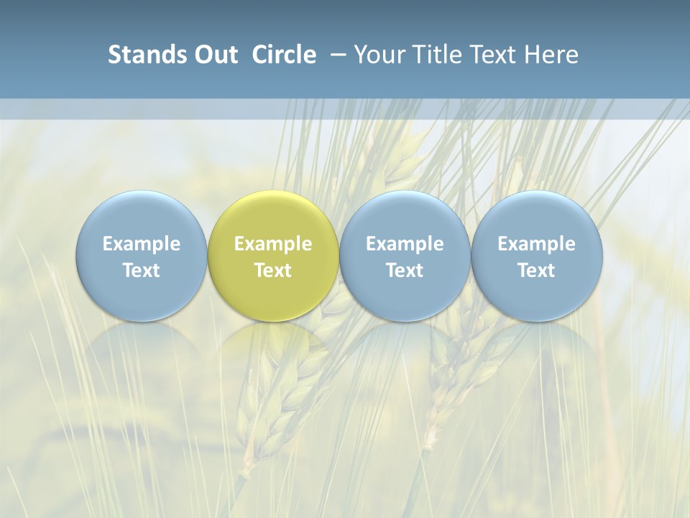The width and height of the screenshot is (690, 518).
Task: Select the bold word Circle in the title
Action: [x=284, y=55]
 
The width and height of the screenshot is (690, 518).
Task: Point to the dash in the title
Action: [x=337, y=55]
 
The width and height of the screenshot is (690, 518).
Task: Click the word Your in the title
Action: [x=379, y=55]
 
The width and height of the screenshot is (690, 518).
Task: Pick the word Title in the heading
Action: [x=435, y=55]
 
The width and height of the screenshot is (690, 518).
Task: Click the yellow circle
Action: [x=273, y=216]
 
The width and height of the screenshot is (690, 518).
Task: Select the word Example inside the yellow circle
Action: [x=273, y=244]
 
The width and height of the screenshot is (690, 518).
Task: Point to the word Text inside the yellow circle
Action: [x=273, y=271]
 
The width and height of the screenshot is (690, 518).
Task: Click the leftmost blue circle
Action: [x=141, y=216]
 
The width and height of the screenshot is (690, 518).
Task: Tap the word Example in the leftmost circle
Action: [x=141, y=244]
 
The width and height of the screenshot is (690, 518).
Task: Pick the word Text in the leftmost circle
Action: [x=141, y=271]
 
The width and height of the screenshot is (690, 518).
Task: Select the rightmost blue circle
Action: [x=537, y=216]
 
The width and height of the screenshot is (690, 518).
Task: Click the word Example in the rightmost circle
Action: [x=537, y=244]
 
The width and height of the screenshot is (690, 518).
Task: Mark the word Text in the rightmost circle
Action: [x=537, y=271]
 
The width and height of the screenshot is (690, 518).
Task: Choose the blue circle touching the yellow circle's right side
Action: [x=405, y=216]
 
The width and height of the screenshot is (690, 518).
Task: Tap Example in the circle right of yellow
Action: [x=405, y=244]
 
